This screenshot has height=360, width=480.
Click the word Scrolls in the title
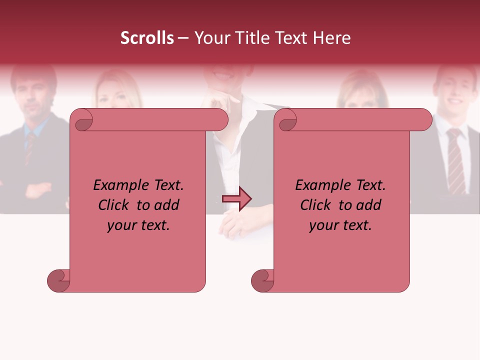pos(147,38)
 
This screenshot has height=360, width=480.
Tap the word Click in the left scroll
pos(114,205)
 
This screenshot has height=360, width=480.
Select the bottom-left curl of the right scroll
pos(262,280)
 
